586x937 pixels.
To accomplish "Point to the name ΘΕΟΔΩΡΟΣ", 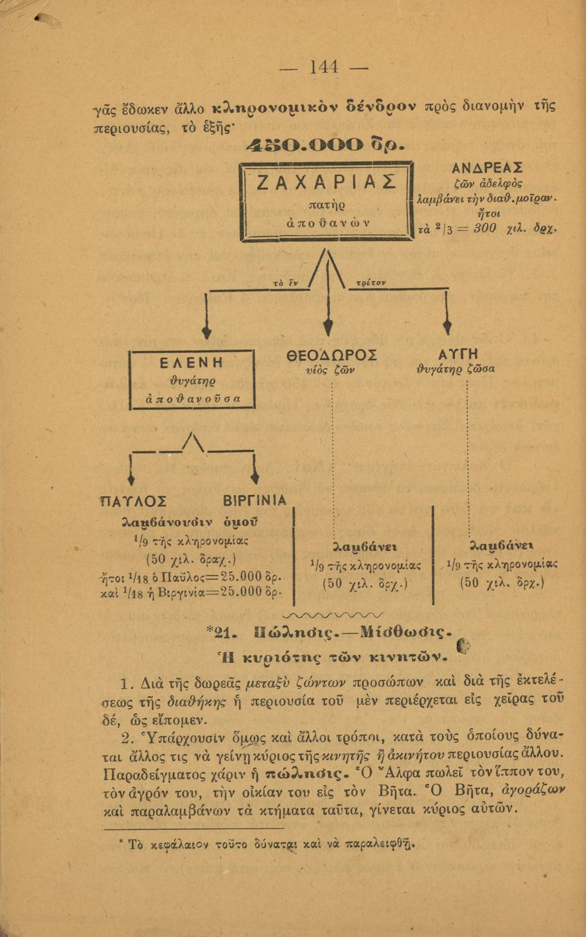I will (x=331, y=355).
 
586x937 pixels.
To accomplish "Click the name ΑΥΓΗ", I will (x=459, y=354).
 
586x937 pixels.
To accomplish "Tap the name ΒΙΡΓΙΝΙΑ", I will (x=254, y=501).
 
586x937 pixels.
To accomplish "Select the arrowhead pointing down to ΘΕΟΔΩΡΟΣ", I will (x=328, y=329).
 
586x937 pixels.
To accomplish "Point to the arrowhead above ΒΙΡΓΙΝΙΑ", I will (x=254, y=478).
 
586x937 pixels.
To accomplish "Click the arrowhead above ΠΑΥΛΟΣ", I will (x=130, y=478).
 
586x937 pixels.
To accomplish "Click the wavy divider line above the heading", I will (x=337, y=615).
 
